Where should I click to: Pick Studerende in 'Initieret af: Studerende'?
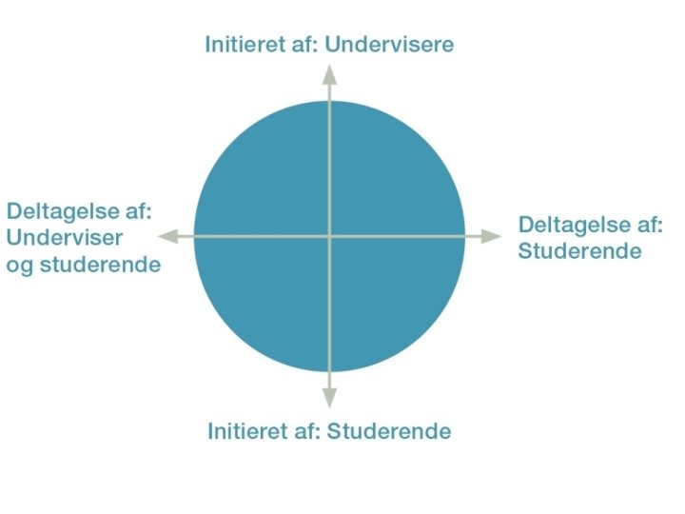point(389,431)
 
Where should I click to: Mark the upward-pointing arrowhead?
point(329,75)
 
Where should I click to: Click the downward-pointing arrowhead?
point(329,397)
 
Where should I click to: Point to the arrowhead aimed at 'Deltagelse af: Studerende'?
point(489,236)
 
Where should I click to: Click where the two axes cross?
point(329,236)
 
